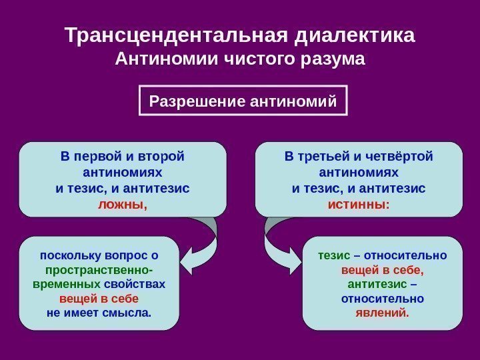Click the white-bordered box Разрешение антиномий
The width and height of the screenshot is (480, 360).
tap(243, 101)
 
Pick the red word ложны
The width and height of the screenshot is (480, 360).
tap(121, 204)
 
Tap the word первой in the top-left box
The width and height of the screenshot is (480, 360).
tap(102, 157)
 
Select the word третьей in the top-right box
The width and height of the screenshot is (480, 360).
tap(331, 157)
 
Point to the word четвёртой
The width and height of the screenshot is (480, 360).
tap(401, 157)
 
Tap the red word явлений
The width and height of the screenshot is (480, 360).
tap(381, 312)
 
